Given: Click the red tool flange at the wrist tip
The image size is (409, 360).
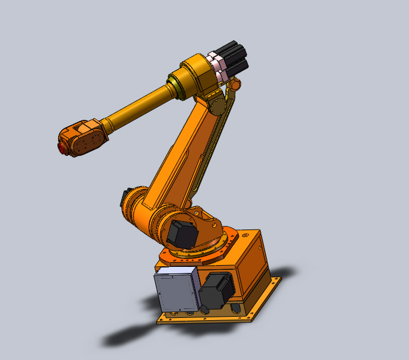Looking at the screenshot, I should click(62, 147).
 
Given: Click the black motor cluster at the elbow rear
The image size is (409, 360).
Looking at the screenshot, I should click(234, 57).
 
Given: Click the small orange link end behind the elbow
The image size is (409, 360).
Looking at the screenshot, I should click(236, 85).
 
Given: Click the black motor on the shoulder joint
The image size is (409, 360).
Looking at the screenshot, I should click(182, 234).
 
